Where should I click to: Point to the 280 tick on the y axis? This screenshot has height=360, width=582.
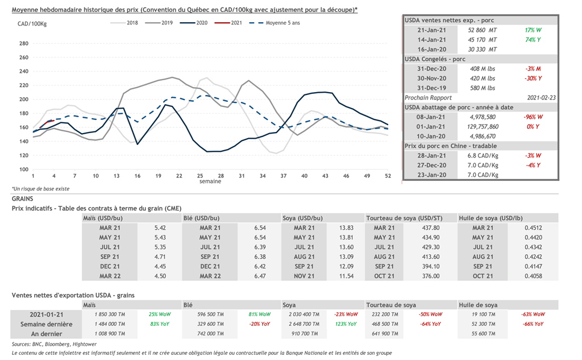point(24,44)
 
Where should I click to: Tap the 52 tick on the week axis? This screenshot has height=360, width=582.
point(387,176)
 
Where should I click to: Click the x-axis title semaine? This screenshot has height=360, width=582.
point(210,182)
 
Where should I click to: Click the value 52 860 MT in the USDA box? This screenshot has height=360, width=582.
point(482,30)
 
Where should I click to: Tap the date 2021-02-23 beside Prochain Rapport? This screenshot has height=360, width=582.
point(542,97)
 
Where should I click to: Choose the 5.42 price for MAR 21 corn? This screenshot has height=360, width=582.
point(160,227)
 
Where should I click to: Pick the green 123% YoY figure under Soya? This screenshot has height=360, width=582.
point(344,324)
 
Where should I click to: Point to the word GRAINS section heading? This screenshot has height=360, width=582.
point(23,199)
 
